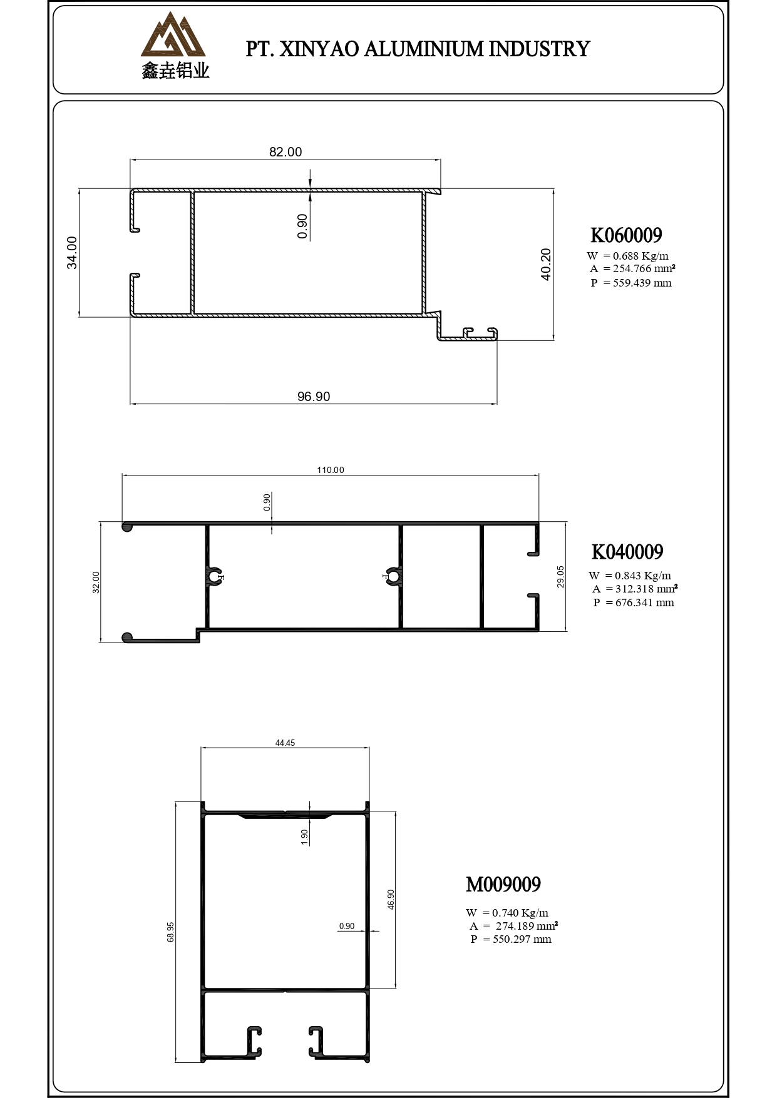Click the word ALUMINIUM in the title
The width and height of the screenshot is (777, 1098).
click(423, 49)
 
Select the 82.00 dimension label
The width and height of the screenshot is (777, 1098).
click(286, 152)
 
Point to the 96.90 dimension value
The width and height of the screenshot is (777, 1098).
click(313, 397)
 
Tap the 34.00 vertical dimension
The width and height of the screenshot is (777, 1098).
click(73, 253)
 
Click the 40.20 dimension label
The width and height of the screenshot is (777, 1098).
click(546, 264)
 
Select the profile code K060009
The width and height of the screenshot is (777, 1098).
click(626, 235)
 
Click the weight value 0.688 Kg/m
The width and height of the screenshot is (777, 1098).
click(640, 255)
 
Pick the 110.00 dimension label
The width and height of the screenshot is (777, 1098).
click(330, 470)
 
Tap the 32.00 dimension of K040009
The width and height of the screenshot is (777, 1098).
click(96, 582)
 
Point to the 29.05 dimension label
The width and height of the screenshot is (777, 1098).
click(561, 576)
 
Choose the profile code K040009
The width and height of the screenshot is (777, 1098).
click(627, 552)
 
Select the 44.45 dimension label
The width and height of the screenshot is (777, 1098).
click(285, 743)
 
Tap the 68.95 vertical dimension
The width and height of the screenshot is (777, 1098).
click(171, 932)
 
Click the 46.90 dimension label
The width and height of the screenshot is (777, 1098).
click(391, 899)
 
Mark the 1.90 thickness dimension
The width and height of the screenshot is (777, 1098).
click(305, 836)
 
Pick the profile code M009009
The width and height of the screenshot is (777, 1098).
click(503, 885)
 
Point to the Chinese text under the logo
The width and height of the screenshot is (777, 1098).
click(175, 71)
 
